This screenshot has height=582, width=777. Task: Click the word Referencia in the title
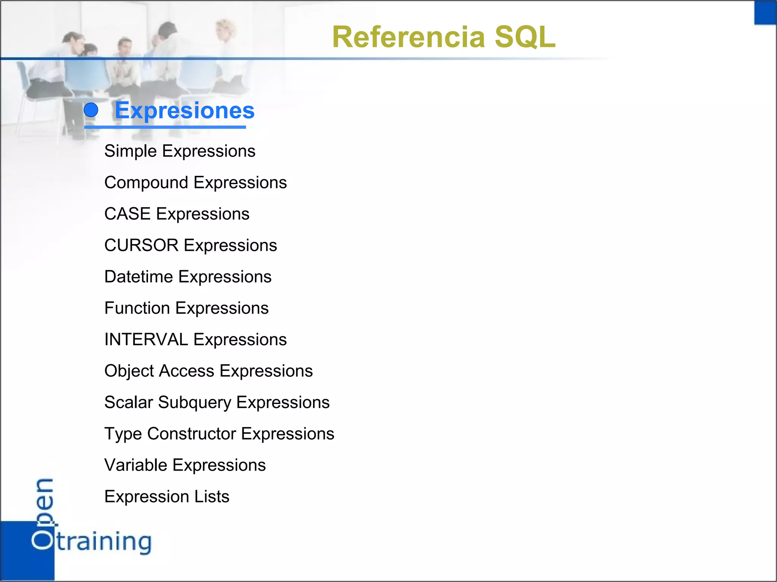coord(409,37)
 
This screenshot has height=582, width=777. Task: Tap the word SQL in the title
coord(525,37)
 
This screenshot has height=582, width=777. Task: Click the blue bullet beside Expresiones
coord(91,110)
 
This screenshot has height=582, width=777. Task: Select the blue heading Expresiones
coord(184,110)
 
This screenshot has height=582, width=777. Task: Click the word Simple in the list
coord(131,151)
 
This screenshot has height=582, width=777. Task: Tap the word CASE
coord(127,214)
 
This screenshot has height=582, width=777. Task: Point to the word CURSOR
coord(141,246)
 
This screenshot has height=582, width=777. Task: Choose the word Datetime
coord(138,277)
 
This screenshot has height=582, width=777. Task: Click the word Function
coord(137,308)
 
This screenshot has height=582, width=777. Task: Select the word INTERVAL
coord(146,339)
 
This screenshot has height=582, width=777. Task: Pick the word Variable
coord(135,465)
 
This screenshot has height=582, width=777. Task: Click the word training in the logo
coord(104,542)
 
